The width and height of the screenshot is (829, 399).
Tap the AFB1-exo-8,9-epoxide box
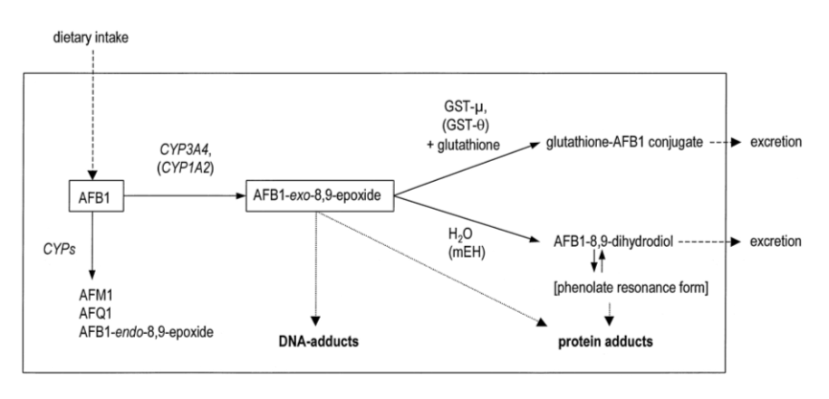pos(319,195)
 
